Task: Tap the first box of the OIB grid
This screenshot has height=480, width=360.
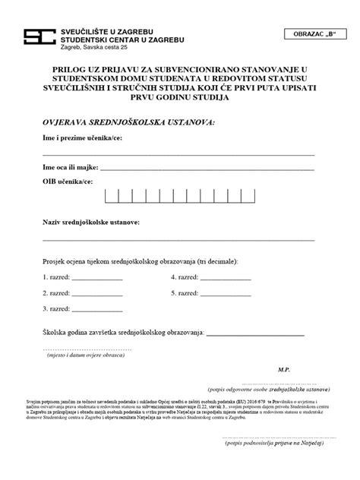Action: [x=111, y=196]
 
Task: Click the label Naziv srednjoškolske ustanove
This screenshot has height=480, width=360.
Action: [x=90, y=224]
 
